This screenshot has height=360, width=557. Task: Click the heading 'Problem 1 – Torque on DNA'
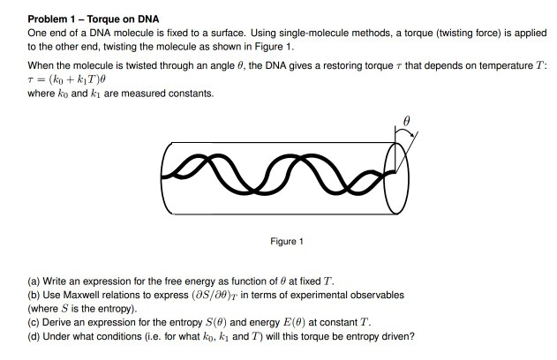point(93,19)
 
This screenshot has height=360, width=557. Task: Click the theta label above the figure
point(407,122)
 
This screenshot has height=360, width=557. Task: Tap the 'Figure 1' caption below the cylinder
point(287,242)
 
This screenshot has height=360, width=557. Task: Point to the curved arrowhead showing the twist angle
point(411,134)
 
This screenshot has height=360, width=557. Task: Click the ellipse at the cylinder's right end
point(384,177)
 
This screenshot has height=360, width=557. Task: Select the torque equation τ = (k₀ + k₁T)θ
point(67,79)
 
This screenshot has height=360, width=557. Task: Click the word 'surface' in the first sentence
point(227,33)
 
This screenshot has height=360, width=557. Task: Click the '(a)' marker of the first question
point(34,281)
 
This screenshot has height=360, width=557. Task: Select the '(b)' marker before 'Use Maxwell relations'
point(34,295)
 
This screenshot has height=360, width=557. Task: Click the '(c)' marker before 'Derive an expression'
point(34,322)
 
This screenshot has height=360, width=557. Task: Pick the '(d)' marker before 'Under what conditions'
point(34,336)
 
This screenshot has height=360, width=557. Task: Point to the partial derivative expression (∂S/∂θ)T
point(215,296)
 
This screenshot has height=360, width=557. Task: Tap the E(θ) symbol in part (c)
point(294,322)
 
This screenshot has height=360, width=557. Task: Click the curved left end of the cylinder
point(162,178)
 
